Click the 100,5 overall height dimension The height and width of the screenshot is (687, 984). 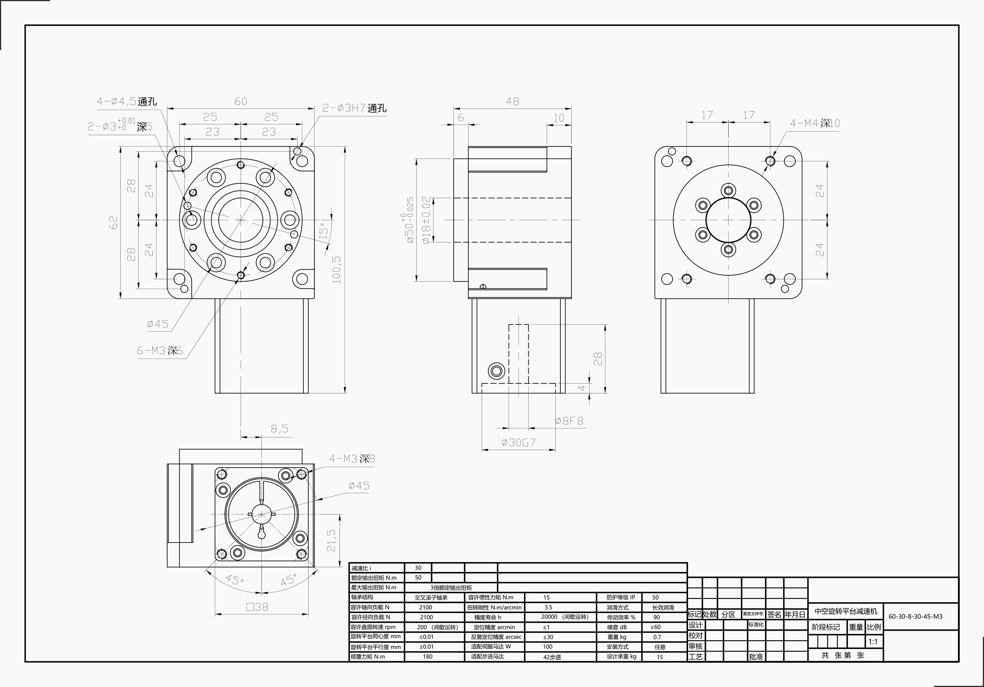(x=336, y=270)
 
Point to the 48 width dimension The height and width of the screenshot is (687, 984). (x=512, y=102)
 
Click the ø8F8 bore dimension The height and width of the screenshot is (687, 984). (x=569, y=421)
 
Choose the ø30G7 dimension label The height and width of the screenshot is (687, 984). (x=519, y=442)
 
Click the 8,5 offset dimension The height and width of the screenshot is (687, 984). (x=279, y=428)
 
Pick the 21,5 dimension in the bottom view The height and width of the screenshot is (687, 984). (x=331, y=540)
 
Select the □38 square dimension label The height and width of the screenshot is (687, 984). (x=258, y=607)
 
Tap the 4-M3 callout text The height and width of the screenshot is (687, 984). (x=352, y=459)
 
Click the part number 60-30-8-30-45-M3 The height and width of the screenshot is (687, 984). (x=915, y=616)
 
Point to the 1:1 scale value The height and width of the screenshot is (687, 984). (x=873, y=641)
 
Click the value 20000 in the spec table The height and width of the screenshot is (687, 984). (x=549, y=617)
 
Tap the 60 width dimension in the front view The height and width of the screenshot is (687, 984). (x=241, y=101)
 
